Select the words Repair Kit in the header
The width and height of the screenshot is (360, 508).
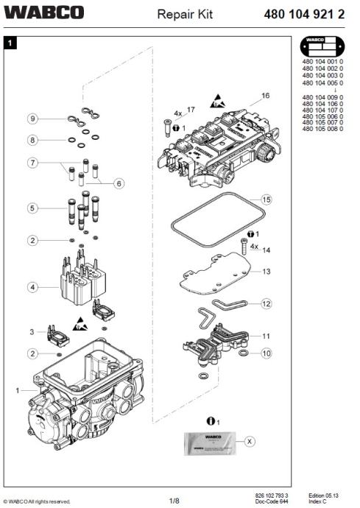click(x=185, y=13)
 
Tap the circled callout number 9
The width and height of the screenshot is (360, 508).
click(x=33, y=119)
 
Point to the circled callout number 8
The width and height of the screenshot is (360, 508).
click(x=33, y=140)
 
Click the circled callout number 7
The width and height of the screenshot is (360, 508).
click(x=33, y=163)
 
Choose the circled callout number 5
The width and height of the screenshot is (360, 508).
click(x=33, y=208)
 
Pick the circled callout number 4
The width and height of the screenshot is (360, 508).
click(x=33, y=286)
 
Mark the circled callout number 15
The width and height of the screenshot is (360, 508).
click(x=267, y=200)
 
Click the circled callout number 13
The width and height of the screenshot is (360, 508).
click(x=267, y=272)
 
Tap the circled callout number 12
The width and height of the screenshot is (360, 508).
click(x=267, y=303)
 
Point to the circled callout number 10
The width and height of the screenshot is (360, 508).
click(x=267, y=353)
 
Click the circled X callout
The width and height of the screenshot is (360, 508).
click(x=250, y=441)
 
